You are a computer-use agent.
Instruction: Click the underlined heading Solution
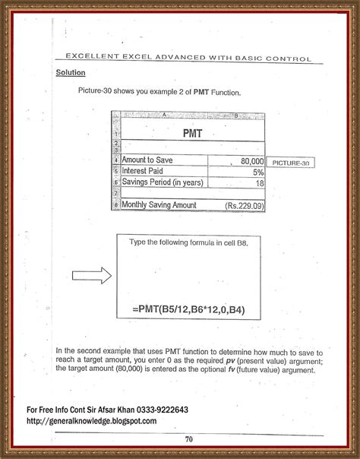coord(70,73)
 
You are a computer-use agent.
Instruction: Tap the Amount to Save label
coord(148,161)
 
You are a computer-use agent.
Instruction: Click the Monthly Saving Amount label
coord(159,205)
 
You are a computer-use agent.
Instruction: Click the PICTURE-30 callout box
coord(291,163)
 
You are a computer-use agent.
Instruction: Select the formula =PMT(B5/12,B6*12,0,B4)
coord(189,309)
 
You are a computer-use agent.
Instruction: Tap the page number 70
coord(188,438)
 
